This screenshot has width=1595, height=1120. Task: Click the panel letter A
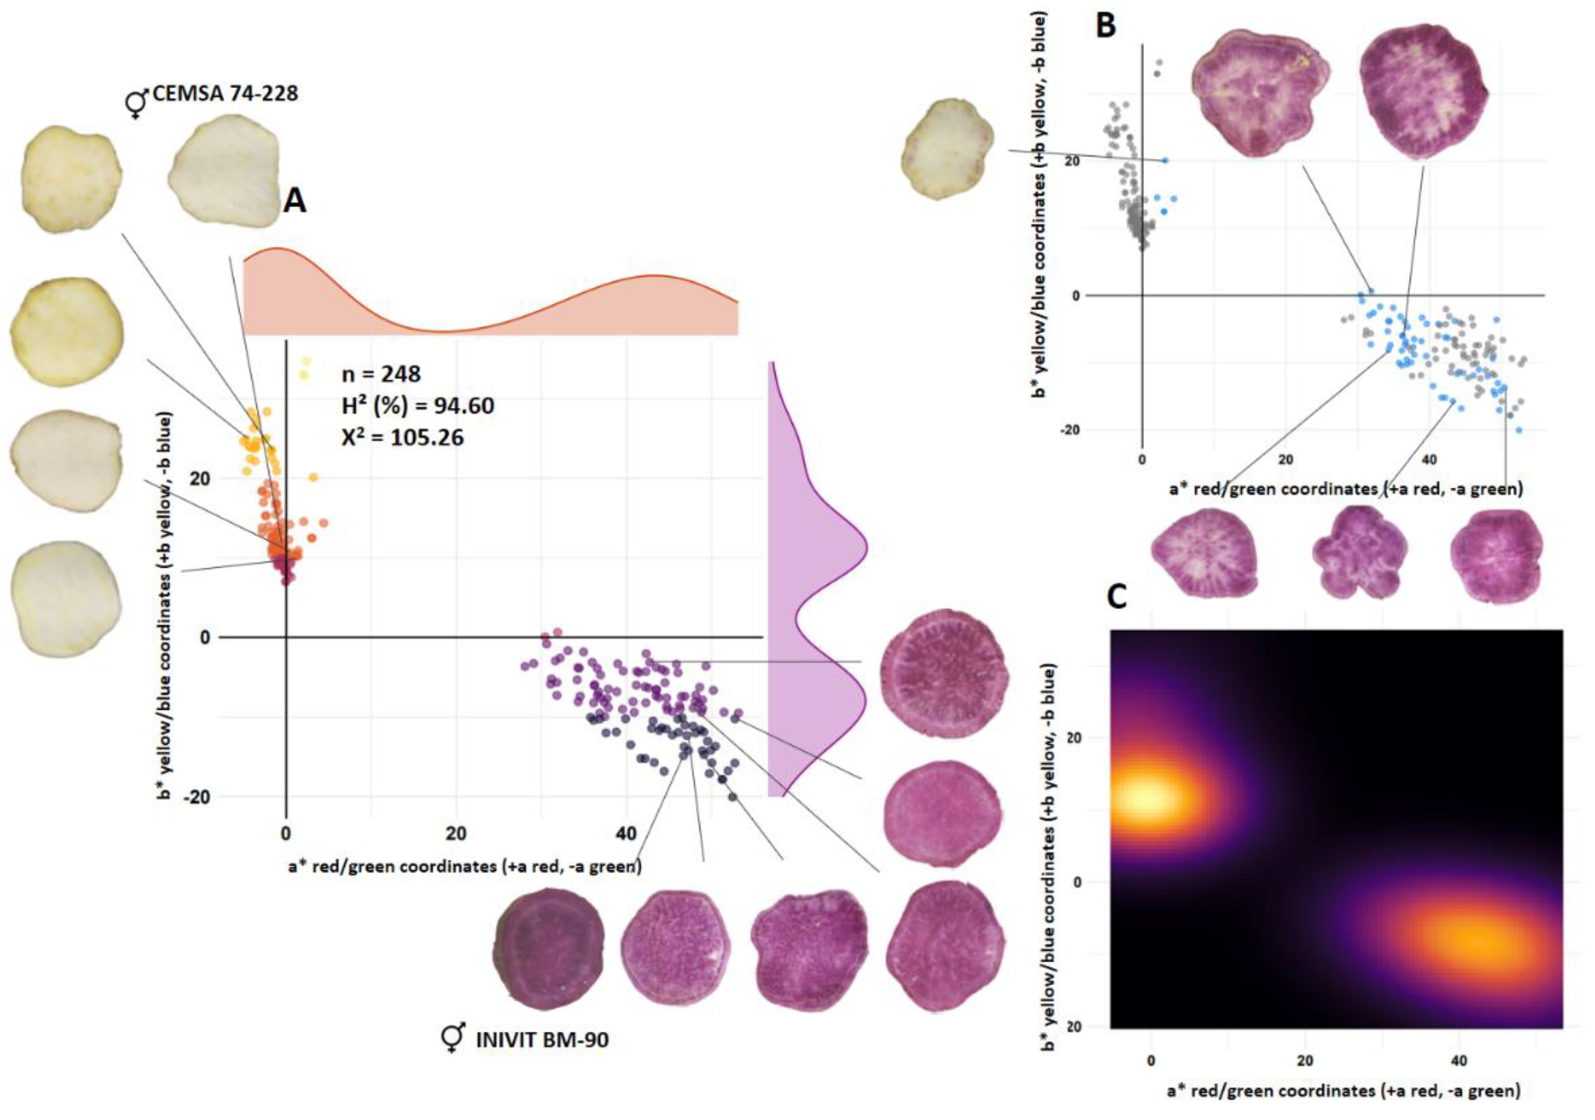[295, 201]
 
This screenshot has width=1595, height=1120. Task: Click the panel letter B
[1105, 26]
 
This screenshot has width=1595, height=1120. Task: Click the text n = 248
[381, 374]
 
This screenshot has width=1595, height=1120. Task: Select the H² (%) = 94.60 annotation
[417, 405]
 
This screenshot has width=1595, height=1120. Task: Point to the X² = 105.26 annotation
[402, 438]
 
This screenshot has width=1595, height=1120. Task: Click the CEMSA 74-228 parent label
[225, 93]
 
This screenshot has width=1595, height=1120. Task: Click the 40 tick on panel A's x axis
[626, 833]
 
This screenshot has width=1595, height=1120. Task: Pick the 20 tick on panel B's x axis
[1285, 460]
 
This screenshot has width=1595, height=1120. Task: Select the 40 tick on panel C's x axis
[1459, 1061]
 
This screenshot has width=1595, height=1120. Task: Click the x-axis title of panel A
[465, 867]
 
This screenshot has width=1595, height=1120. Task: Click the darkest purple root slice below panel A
[548, 950]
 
